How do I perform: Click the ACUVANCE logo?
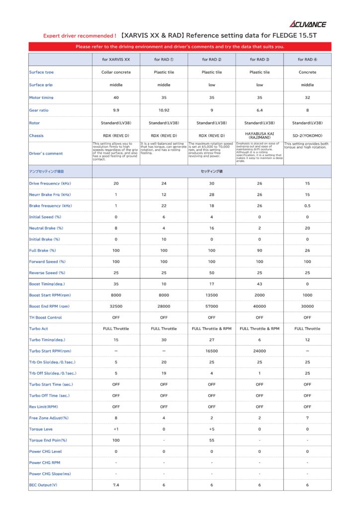point(308,24)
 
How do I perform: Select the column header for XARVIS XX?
point(116,60)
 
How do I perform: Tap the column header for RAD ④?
point(307,60)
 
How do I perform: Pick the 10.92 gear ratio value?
point(164,110)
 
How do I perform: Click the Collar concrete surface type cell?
point(116,72)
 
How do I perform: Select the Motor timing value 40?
point(116,97)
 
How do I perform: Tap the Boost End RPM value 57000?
point(212,306)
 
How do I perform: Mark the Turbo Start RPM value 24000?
point(260,351)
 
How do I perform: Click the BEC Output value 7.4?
point(116,485)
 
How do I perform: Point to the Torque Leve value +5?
point(212,429)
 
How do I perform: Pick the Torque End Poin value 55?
point(212,440)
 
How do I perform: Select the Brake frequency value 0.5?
point(307,206)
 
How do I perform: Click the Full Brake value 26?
point(307,251)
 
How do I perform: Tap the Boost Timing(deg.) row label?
point(47,284)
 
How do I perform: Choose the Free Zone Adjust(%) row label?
point(49,418)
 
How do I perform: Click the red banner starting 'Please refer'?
point(180,47)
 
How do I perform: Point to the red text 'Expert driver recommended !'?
point(80,36)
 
